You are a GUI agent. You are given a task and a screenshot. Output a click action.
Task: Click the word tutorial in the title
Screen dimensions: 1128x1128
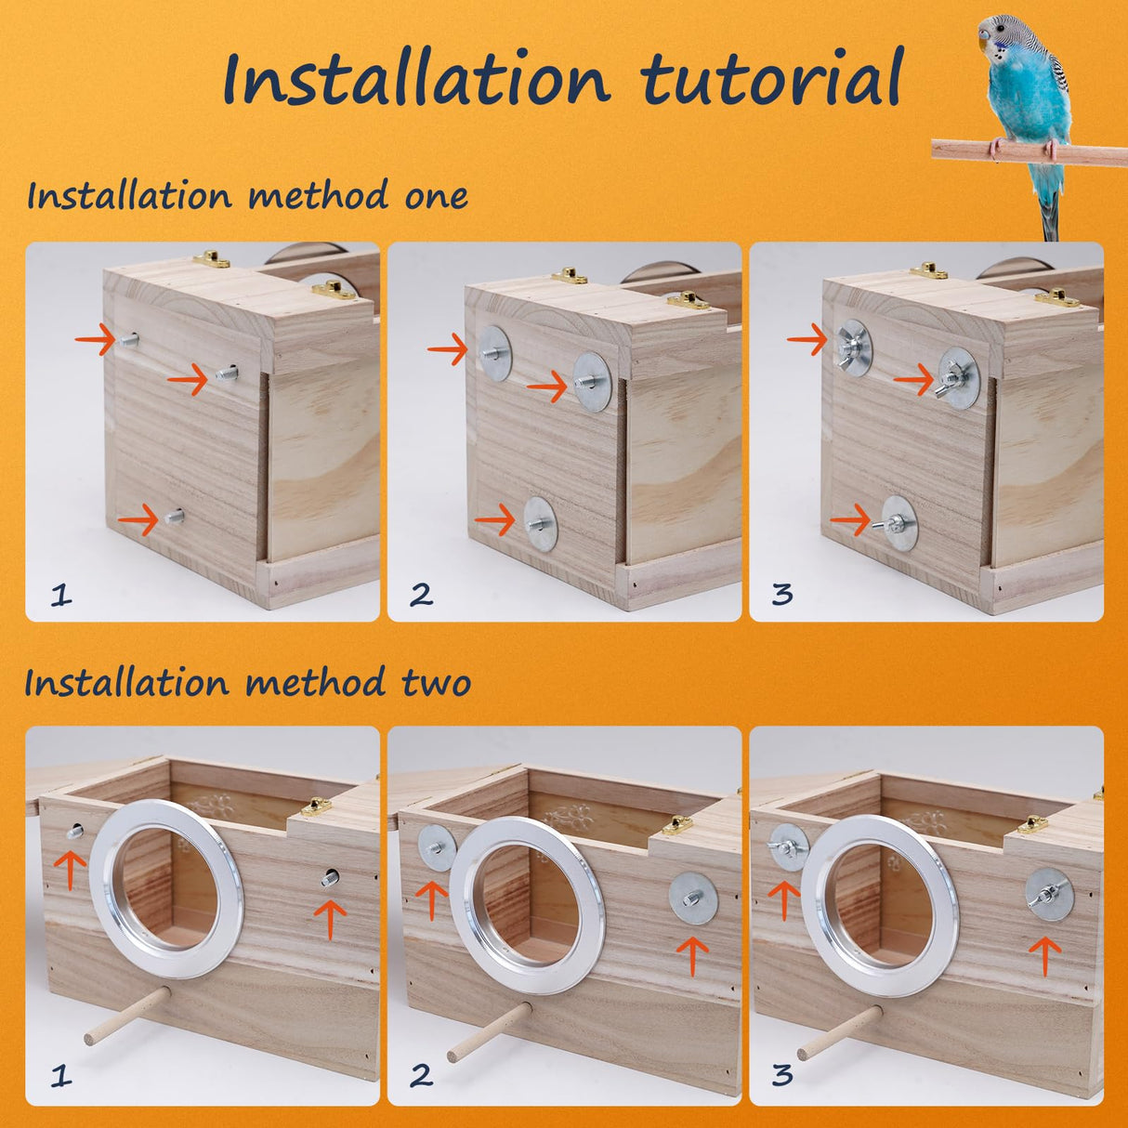771,79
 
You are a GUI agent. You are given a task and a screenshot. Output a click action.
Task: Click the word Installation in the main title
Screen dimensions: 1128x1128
416,79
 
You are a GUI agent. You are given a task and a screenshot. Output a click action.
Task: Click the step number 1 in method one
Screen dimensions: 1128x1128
60,594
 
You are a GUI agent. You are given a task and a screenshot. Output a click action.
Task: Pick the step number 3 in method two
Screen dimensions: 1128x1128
782,1075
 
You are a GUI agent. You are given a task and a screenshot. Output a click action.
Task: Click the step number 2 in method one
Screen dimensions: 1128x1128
421,594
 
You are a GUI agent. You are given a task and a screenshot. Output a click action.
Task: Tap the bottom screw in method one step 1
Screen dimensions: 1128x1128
173,517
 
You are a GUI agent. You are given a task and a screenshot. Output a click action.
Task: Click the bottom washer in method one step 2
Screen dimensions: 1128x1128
540,523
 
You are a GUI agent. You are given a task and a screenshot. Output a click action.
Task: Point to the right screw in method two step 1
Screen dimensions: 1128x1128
330,876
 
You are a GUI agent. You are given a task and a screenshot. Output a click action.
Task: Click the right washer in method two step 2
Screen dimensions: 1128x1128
692,898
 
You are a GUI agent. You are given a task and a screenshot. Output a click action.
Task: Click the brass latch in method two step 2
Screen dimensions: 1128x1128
677,823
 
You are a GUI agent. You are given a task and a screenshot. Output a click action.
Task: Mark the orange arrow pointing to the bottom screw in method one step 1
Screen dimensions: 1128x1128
138,519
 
